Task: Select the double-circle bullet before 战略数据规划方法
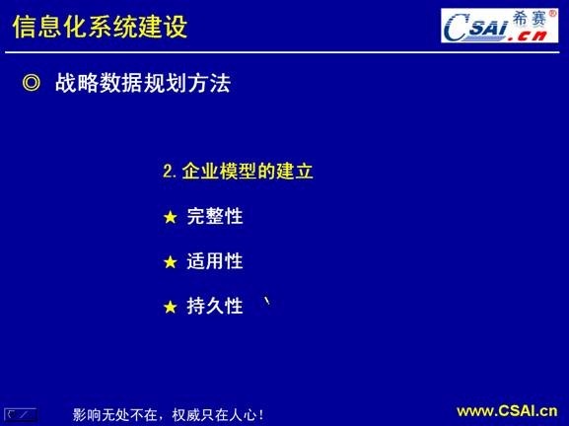tap(31, 85)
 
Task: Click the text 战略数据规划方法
tap(142, 85)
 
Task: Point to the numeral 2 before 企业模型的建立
tap(168, 172)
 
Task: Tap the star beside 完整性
tap(170, 218)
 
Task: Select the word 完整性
tap(215, 217)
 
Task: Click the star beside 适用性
tap(170, 262)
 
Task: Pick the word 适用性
tap(215, 261)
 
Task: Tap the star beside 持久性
tap(170, 307)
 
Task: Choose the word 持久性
tap(215, 306)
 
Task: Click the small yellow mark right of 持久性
tap(266, 302)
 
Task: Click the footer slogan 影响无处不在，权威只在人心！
tap(169, 414)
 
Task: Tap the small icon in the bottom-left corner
tap(20, 414)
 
